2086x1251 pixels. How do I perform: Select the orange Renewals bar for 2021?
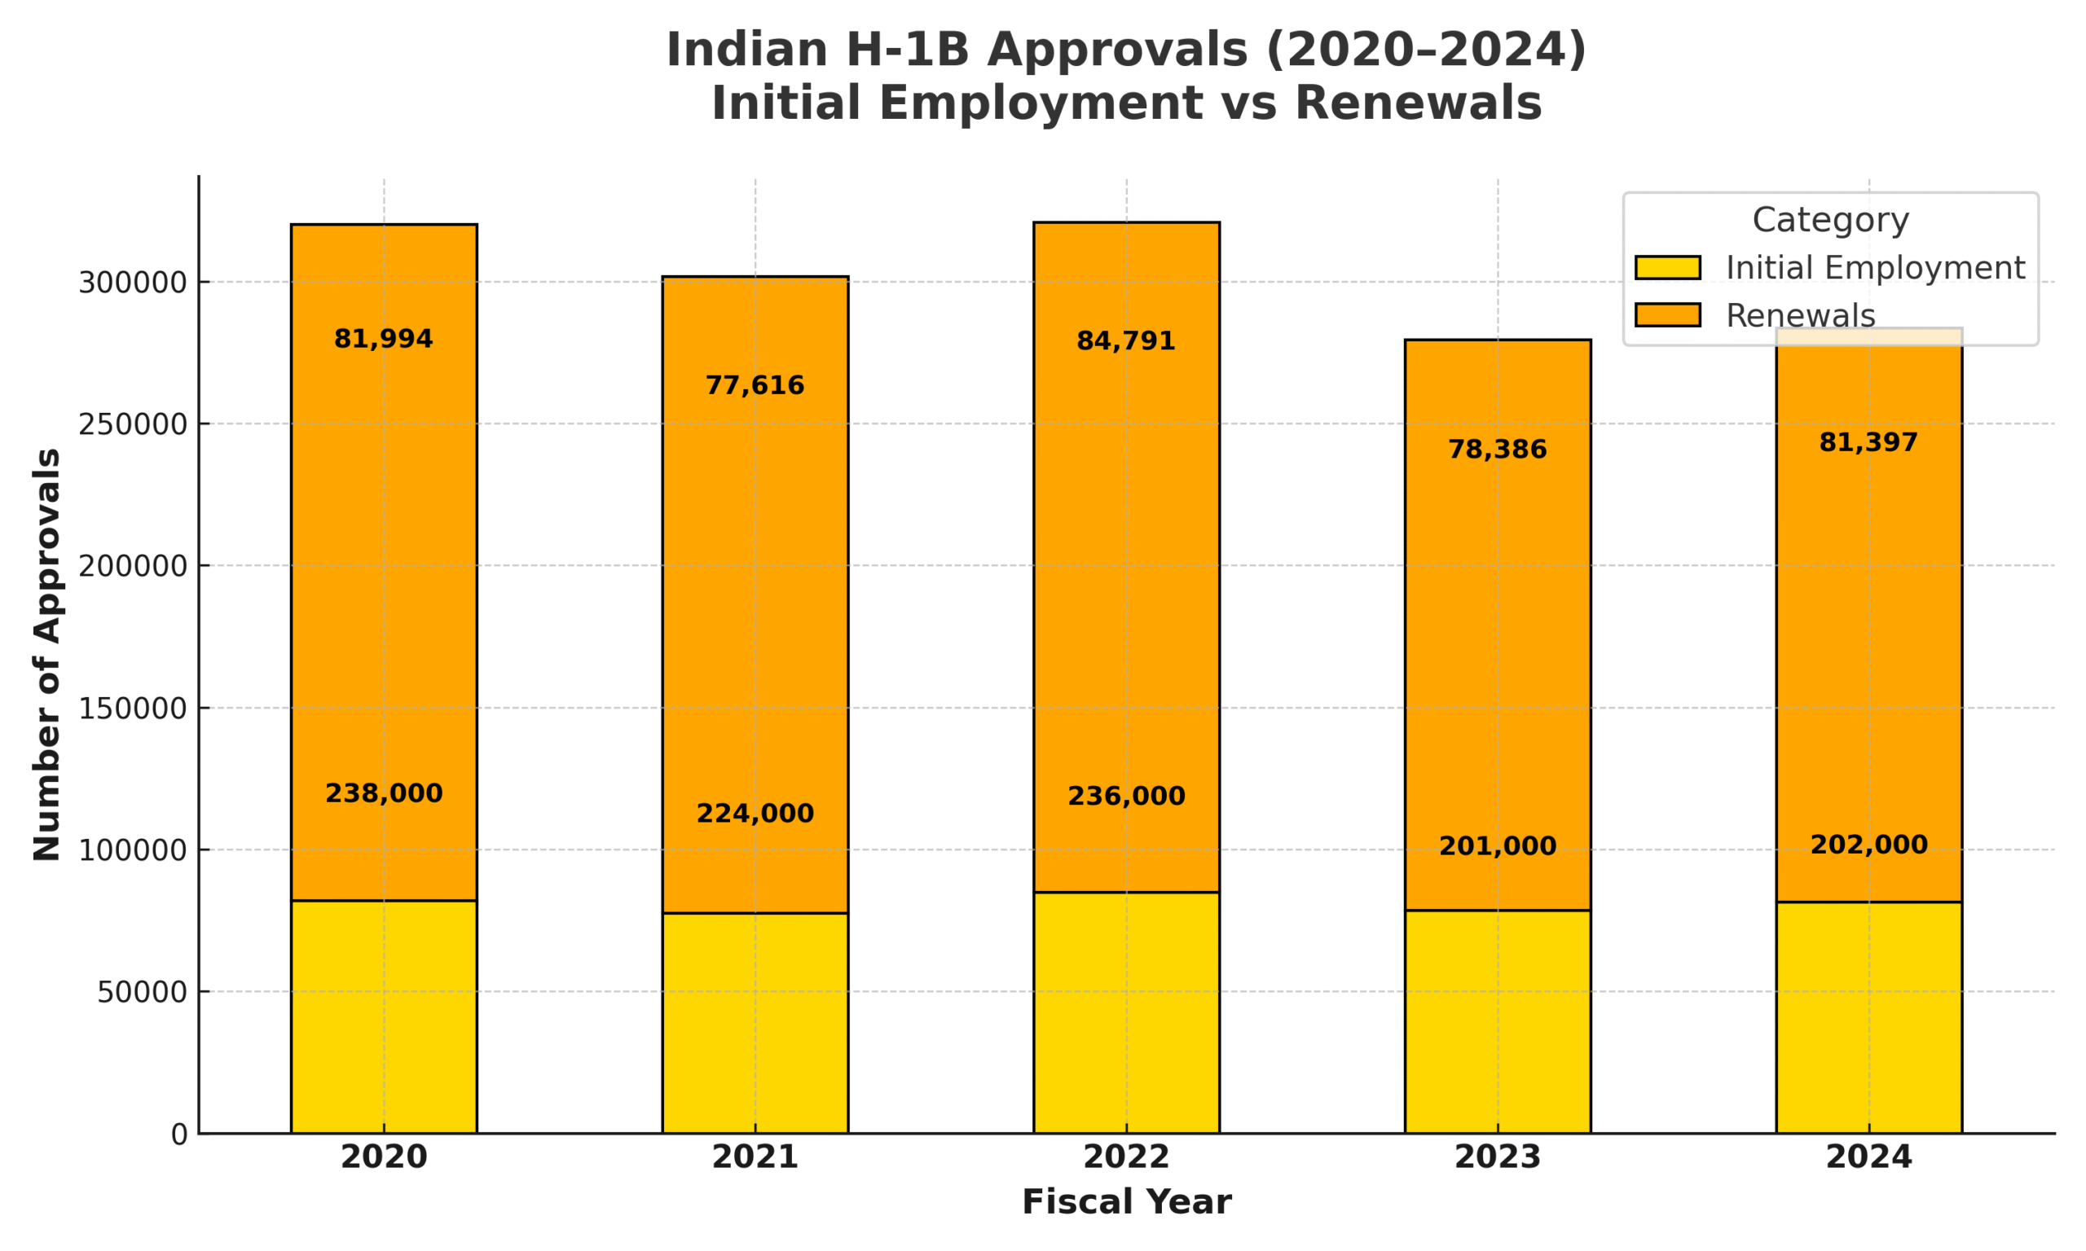point(755,590)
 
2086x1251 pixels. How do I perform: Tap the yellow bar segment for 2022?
point(1125,1012)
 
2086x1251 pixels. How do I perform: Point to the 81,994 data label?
point(384,339)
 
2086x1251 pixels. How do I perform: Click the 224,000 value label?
point(755,814)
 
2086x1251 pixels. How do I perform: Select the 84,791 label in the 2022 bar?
point(1125,341)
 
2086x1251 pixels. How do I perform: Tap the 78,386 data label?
point(1498,450)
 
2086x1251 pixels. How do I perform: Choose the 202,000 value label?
point(1868,845)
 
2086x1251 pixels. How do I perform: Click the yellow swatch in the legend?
point(1667,267)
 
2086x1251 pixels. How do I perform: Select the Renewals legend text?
point(1800,315)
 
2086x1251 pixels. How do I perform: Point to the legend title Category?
point(1829,220)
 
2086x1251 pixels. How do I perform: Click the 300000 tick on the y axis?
point(132,283)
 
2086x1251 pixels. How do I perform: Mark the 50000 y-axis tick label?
point(142,992)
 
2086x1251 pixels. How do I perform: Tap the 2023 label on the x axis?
point(1498,1157)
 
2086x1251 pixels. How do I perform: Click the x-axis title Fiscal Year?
point(1125,1202)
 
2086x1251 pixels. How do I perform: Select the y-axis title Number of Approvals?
point(47,654)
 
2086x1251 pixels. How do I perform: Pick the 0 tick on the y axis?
point(178,1135)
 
